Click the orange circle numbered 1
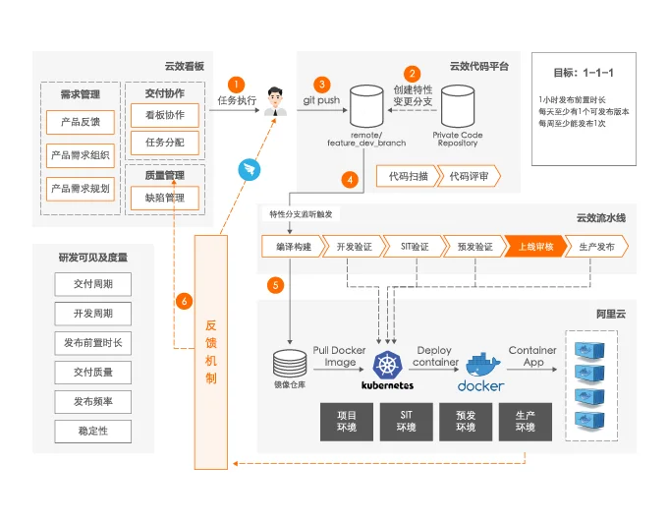click(x=237, y=85)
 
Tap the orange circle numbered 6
click(x=184, y=301)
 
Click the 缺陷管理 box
click(x=164, y=198)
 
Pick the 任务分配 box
click(x=164, y=143)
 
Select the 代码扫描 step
click(x=406, y=177)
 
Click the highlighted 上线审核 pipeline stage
click(x=535, y=247)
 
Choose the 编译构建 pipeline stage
click(x=293, y=247)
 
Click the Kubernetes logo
click(x=387, y=366)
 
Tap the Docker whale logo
click(x=481, y=366)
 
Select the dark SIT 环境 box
click(x=406, y=421)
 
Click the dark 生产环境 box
click(x=525, y=421)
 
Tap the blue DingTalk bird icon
click(x=247, y=168)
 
